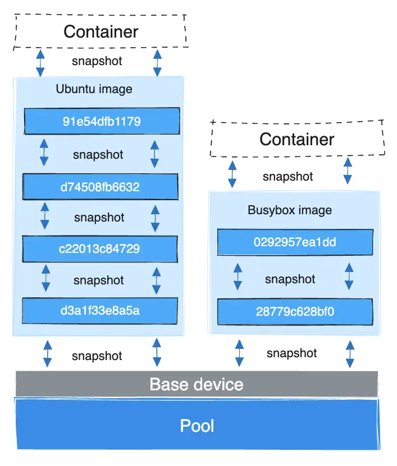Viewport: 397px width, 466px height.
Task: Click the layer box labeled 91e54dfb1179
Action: [x=102, y=121]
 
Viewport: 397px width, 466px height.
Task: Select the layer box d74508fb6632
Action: [x=100, y=187]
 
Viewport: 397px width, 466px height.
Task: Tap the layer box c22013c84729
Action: [x=100, y=248]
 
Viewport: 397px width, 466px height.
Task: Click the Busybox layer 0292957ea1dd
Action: [x=295, y=242]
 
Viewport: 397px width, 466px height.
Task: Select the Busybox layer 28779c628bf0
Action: [x=295, y=311]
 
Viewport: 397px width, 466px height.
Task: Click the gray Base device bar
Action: [x=197, y=385]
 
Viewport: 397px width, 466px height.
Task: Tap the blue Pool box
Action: [x=197, y=426]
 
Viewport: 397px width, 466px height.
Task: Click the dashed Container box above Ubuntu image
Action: [x=101, y=31]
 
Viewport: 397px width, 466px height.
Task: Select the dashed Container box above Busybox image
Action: [x=297, y=139]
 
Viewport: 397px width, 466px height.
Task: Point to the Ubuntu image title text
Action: [x=94, y=89]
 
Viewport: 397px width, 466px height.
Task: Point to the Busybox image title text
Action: [x=290, y=210]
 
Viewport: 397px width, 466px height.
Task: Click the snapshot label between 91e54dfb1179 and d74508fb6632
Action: [x=98, y=154]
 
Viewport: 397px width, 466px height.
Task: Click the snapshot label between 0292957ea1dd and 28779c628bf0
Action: [x=290, y=279]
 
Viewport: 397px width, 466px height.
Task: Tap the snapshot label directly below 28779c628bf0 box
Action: [x=291, y=353]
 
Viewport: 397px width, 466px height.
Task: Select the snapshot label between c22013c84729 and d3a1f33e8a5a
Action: [x=99, y=280]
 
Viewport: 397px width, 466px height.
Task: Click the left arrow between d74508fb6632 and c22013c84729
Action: [x=44, y=218]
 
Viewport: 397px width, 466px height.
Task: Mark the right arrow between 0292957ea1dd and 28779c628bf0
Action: [x=349, y=277]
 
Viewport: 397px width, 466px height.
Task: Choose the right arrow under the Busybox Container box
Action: [x=348, y=171]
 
